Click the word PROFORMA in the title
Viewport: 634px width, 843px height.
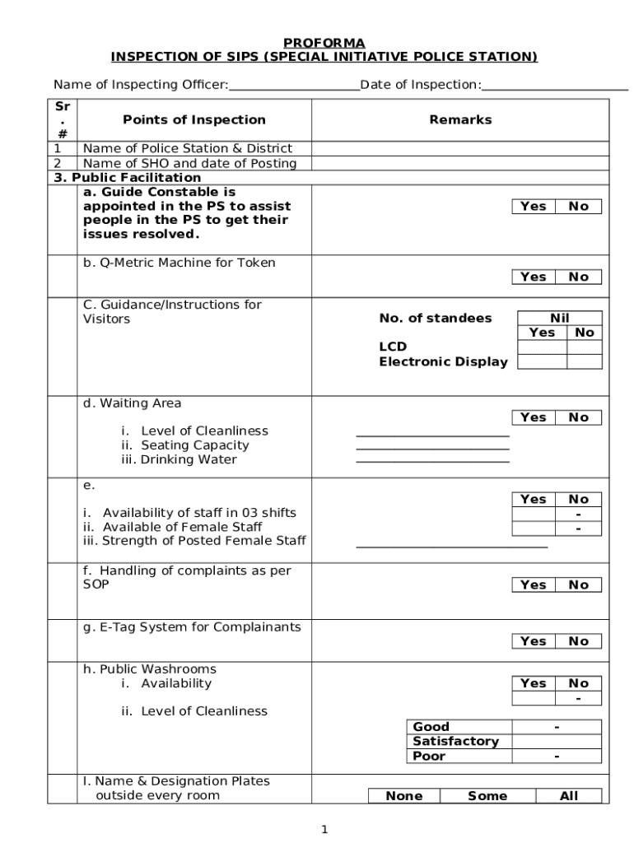coord(324,43)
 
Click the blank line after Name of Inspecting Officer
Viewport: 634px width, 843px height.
coord(294,86)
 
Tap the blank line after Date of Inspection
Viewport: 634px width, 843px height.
coord(555,86)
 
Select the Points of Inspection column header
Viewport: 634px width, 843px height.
coord(194,120)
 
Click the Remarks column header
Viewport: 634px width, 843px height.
coord(460,120)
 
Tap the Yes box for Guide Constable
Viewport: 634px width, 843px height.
coord(534,207)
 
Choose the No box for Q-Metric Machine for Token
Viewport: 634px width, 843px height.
coord(579,277)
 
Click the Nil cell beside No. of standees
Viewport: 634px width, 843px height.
coord(560,319)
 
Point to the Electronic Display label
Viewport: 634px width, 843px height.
coord(443,361)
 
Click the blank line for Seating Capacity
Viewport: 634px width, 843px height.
coord(432,448)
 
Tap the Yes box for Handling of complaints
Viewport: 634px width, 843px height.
coord(534,585)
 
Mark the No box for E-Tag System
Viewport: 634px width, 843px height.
coord(579,641)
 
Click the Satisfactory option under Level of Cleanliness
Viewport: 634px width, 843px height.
coord(455,742)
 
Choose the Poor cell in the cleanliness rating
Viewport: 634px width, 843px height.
coord(429,757)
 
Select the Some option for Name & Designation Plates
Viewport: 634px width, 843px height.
coord(487,796)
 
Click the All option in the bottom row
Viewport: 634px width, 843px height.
coord(568,796)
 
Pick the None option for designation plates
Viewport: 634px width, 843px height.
coord(404,796)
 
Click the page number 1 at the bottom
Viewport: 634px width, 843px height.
coord(324,830)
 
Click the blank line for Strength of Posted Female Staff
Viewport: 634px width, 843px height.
coord(451,545)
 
